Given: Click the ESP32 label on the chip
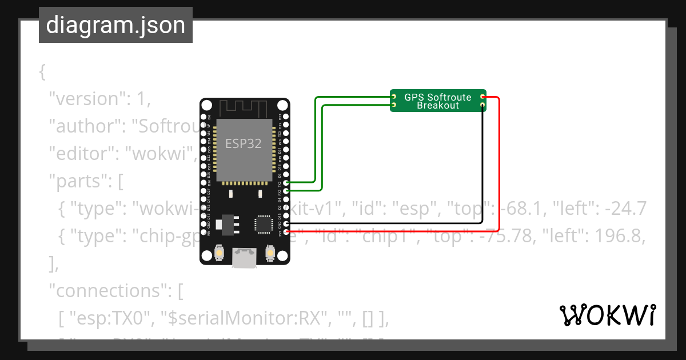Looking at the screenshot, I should point(244,143).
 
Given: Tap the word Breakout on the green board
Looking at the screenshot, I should point(438,106).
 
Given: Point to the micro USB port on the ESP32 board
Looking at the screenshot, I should point(244,258).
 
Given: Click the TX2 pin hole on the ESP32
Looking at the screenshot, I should point(285,182).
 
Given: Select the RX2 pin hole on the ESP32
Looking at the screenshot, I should point(285,191).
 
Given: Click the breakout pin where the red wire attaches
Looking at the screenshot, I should point(483,98).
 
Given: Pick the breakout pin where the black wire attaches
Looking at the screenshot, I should point(483,106).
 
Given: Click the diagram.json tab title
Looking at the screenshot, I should point(115,25).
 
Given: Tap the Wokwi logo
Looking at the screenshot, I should point(607,315).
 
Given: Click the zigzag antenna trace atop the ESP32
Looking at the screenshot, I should point(244,107).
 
